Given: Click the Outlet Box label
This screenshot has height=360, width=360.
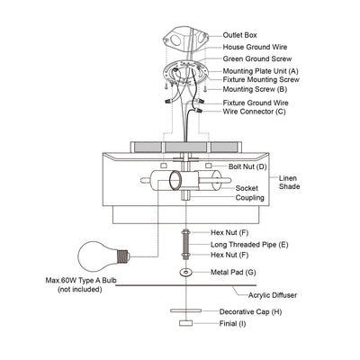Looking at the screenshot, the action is pyautogui.click(x=239, y=35).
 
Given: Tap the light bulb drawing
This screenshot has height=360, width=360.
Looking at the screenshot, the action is pyautogui.click(x=103, y=256).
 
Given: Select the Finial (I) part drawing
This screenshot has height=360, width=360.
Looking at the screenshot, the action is pyautogui.click(x=185, y=323).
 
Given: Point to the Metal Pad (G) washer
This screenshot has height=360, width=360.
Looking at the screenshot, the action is pyautogui.click(x=186, y=273).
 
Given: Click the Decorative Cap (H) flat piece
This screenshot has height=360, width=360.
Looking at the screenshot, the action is pyautogui.click(x=185, y=310).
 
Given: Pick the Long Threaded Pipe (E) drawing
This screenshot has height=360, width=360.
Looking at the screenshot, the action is pyautogui.click(x=185, y=244).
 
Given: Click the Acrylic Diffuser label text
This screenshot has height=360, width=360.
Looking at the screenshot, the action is pyautogui.click(x=273, y=295).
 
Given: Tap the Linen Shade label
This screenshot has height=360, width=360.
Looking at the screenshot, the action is pyautogui.click(x=289, y=182).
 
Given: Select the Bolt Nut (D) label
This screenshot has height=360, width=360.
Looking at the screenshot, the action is pyautogui.click(x=247, y=166).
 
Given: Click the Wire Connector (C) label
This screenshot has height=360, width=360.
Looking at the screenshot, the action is pyautogui.click(x=254, y=112).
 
